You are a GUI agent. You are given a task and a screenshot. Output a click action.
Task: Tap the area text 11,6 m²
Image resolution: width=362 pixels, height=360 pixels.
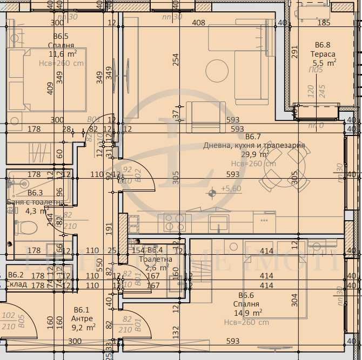coord(62,53)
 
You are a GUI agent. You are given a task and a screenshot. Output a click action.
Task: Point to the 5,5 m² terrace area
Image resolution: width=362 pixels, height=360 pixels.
coord(325,63)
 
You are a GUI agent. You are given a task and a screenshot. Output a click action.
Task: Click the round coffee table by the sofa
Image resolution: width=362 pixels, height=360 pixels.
coord(217,69)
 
